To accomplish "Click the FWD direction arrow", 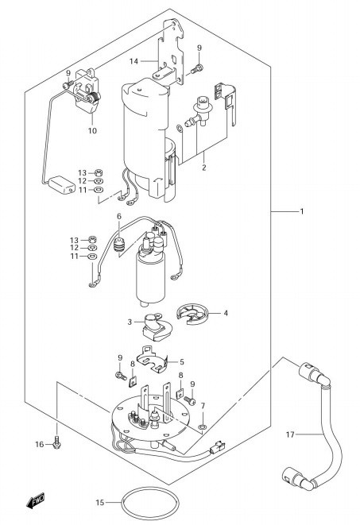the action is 36,500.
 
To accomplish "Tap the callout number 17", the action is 290,434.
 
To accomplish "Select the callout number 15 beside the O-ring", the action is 100,502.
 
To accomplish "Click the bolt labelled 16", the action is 57,442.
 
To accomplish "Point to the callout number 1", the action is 302,211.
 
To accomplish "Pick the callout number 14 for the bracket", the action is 134,61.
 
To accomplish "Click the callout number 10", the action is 92,130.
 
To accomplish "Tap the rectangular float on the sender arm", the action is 62,185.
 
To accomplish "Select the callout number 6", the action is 119,216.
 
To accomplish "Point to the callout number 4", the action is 226,313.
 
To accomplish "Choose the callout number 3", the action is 130,322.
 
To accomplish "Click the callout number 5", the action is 182,361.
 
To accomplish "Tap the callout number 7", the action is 203,406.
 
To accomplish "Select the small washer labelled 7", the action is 203,427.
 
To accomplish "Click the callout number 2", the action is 204,168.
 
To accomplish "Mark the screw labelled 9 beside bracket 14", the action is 197,69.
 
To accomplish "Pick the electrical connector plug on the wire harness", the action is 217,448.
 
